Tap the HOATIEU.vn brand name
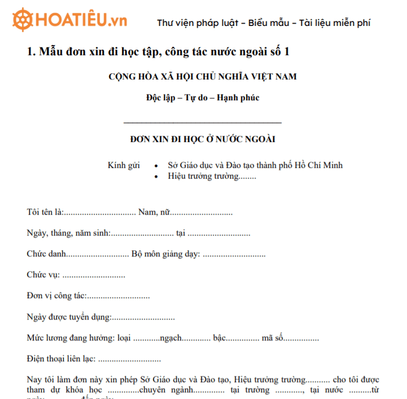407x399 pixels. (81, 21)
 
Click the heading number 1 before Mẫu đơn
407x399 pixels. (30, 52)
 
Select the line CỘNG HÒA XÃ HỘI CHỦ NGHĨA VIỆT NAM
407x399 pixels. (203, 77)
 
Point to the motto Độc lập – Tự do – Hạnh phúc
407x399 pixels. (203, 97)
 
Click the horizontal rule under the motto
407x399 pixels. (203, 122)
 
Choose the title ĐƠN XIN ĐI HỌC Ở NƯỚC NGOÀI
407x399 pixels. (203, 139)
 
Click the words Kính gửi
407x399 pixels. (124, 166)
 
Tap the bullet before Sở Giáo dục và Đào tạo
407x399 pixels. (155, 166)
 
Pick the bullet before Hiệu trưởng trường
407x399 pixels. (155, 177)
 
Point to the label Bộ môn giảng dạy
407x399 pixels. (165, 254)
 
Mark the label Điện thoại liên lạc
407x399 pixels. (61, 358)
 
